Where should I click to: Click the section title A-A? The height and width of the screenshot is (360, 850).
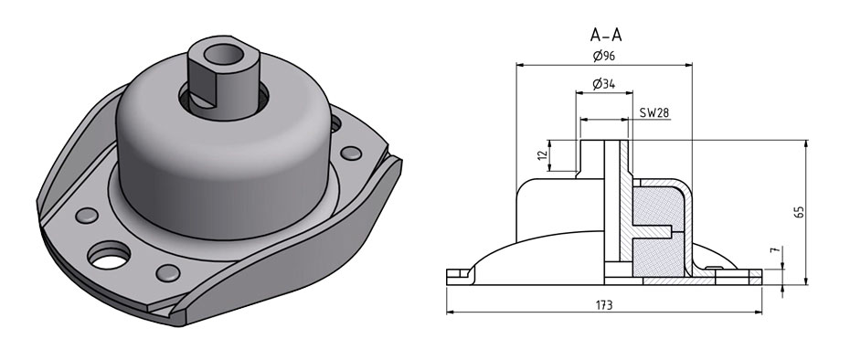point(607,37)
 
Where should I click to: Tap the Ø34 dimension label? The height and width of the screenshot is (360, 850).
point(602,84)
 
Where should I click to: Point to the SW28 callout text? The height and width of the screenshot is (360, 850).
point(654,112)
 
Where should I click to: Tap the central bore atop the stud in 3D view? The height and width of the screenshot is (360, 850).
point(226,57)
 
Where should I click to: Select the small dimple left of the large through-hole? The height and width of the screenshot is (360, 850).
point(86,216)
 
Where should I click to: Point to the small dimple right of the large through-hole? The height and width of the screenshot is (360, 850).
point(168,271)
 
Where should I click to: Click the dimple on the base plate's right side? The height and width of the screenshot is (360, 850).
point(348,153)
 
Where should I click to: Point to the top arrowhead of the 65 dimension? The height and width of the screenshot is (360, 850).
point(806,143)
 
